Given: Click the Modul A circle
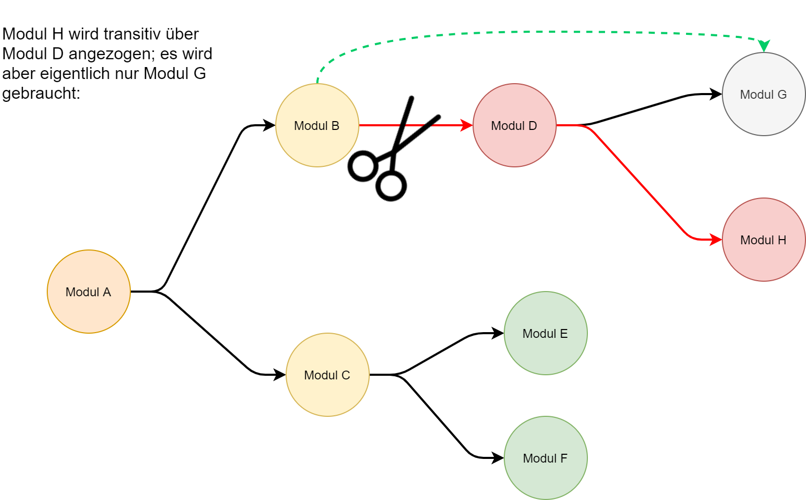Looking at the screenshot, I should click(x=89, y=292).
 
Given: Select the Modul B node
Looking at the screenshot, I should click(x=317, y=125).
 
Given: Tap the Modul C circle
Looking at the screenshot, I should click(x=327, y=375).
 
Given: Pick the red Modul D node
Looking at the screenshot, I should click(x=514, y=125).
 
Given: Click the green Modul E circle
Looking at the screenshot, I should click(x=545, y=333).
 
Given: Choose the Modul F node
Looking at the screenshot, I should click(x=545, y=458).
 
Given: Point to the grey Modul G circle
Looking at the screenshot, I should click(x=763, y=94).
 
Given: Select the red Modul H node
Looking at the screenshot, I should click(x=763, y=240).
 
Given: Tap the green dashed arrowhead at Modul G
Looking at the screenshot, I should click(x=764, y=46).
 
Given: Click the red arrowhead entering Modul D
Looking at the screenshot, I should click(x=466, y=125).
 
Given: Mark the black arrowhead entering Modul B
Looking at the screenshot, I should click(x=269, y=125).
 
